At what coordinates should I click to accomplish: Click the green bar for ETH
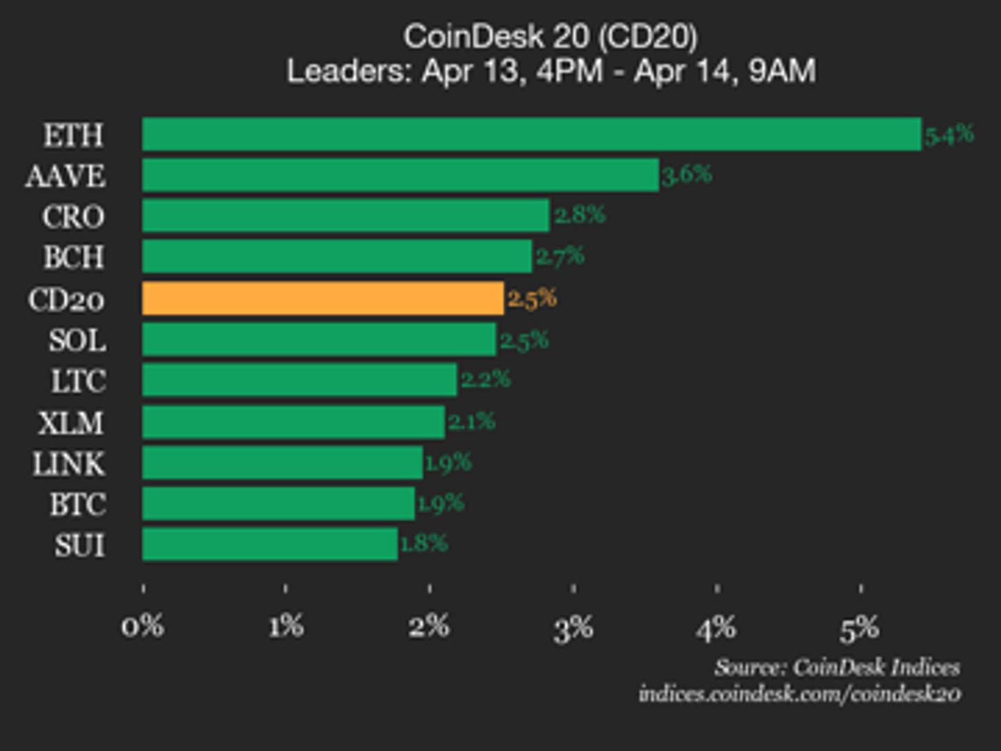point(532,134)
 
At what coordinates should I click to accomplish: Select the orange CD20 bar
point(323,298)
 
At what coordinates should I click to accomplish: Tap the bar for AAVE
point(400,175)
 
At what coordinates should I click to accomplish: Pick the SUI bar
point(270,544)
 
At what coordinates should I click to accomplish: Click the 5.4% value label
point(949,134)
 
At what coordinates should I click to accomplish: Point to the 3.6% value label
point(687,175)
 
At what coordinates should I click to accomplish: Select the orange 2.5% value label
point(532,298)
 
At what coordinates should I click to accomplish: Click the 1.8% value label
point(424,543)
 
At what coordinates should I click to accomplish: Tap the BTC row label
point(77,504)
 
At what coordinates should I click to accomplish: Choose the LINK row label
point(69,464)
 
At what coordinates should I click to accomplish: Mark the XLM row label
point(71,423)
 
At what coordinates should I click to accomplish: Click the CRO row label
point(73,217)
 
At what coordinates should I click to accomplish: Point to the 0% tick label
point(143,627)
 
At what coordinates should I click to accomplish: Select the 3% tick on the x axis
point(573,629)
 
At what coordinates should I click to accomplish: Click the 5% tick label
point(860,629)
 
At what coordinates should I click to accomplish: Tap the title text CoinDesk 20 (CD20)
point(551,37)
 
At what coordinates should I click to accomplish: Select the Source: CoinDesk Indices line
point(837,668)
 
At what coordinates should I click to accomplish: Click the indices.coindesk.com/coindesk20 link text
point(799,694)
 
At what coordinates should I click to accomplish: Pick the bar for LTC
point(300,380)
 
